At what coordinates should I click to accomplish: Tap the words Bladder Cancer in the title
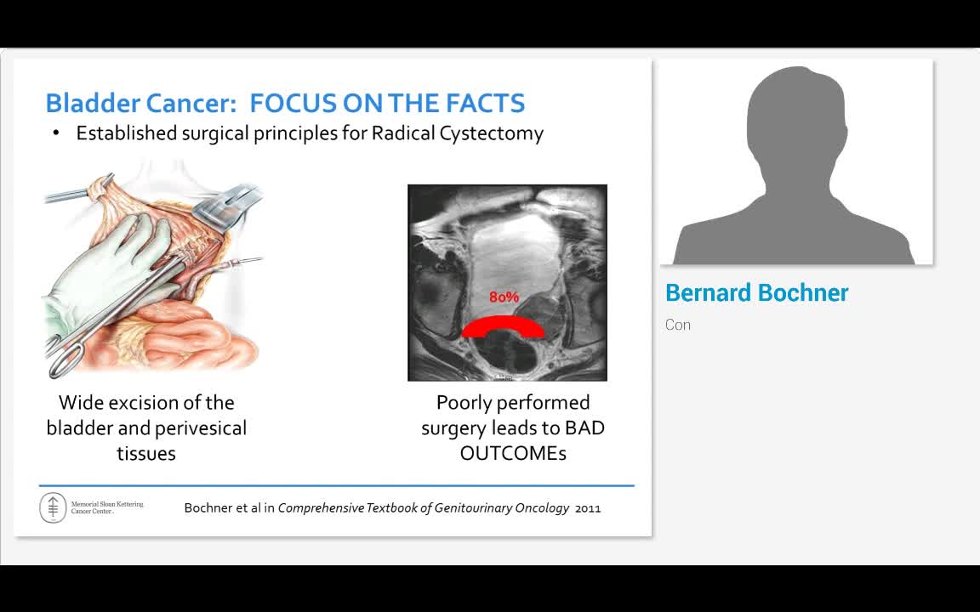tap(140, 104)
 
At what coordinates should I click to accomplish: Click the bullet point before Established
tap(56, 133)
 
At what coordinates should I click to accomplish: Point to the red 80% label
tap(504, 297)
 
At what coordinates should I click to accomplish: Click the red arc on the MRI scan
tap(503, 325)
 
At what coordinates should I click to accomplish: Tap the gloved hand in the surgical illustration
tap(111, 263)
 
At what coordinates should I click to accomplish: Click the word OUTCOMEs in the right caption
tap(513, 453)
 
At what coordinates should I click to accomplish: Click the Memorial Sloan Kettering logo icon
tap(53, 507)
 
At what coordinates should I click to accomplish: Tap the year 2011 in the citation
tap(588, 508)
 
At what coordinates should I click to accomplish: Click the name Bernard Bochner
tap(756, 293)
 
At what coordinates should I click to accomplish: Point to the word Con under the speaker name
tap(678, 325)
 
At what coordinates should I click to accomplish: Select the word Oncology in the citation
tap(542, 508)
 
